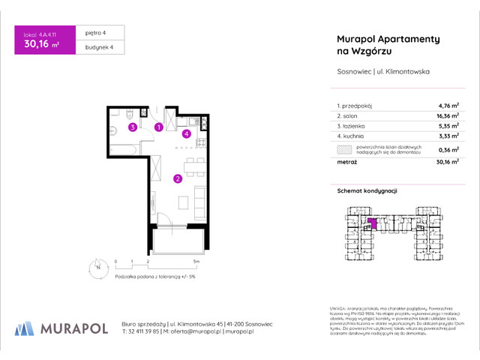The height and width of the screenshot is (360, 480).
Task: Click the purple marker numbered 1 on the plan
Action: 158,127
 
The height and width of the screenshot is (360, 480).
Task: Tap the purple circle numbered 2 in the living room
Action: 177,178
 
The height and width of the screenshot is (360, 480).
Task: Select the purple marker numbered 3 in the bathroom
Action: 132,127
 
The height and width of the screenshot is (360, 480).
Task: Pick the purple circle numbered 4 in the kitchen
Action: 187,134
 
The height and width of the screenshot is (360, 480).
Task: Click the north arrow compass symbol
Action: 97,266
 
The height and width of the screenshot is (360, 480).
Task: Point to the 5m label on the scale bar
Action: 195,262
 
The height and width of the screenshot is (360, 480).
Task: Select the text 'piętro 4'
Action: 93,34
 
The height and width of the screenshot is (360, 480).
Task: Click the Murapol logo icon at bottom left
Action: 24,328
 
